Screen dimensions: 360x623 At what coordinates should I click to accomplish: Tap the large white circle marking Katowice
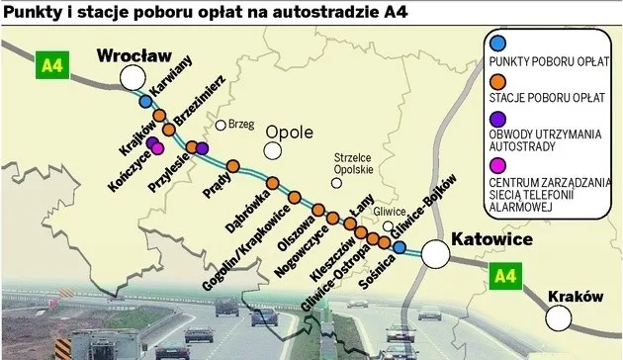click(x=435, y=255)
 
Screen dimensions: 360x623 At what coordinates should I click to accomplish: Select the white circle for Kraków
click(x=561, y=316)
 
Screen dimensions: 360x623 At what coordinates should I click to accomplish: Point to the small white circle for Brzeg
click(x=222, y=126)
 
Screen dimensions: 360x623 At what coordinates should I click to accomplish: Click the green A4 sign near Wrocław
click(x=50, y=66)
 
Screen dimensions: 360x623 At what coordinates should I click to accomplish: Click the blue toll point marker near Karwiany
click(x=145, y=102)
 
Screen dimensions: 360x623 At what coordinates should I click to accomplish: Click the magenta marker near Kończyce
click(x=157, y=149)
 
